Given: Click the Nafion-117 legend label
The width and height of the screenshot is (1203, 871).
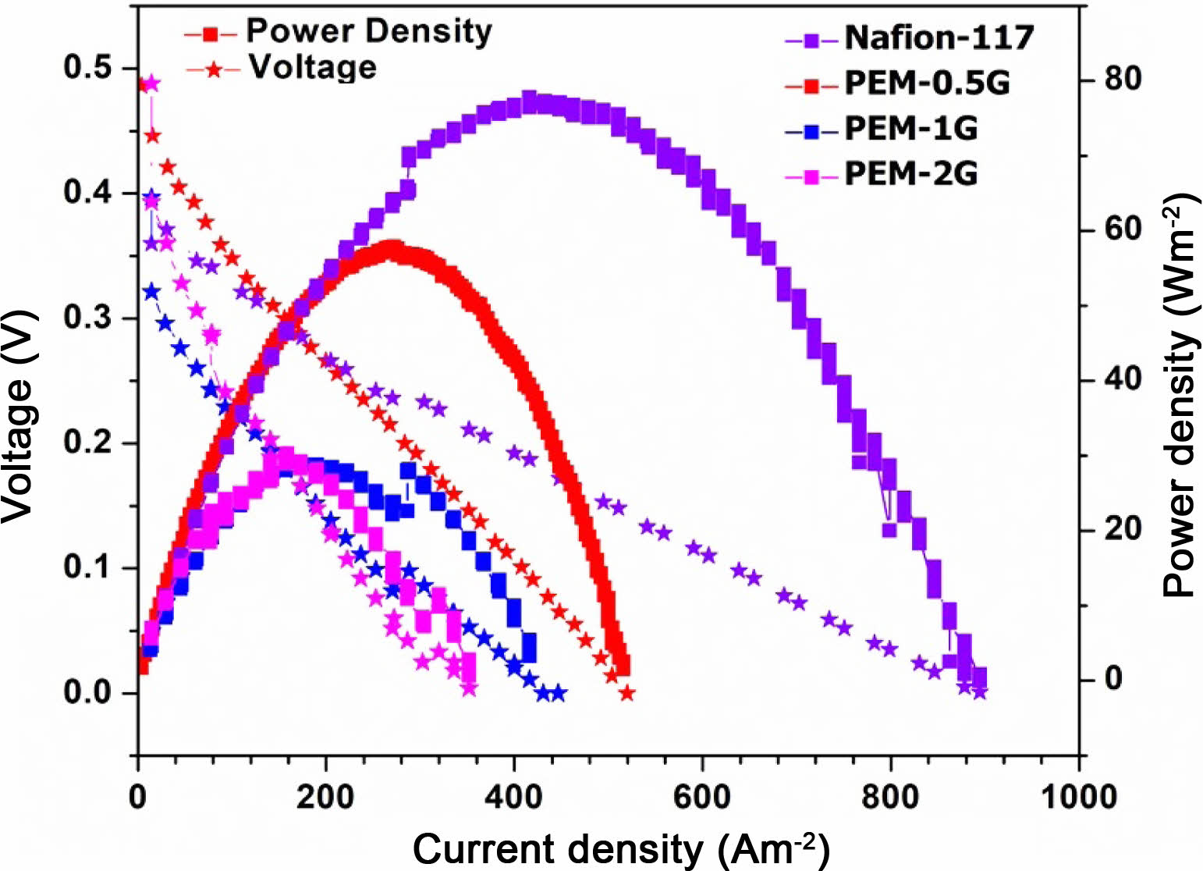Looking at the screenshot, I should (939, 37).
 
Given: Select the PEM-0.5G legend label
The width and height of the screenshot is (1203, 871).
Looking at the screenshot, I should (927, 82).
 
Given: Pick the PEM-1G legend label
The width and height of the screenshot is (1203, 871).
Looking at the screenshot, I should (910, 127).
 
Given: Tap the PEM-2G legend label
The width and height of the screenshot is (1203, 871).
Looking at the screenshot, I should (910, 172).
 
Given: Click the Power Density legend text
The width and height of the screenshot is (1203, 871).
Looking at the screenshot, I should (369, 31).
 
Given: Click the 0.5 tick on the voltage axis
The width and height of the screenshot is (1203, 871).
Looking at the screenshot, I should (88, 68).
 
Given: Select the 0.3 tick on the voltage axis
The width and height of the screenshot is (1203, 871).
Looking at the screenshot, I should (88, 318).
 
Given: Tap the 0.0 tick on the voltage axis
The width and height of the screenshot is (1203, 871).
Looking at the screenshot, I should (88, 693).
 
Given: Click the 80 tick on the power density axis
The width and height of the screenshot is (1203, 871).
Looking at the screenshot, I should (1120, 79).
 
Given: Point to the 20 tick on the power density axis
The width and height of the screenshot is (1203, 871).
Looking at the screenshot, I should (1120, 529).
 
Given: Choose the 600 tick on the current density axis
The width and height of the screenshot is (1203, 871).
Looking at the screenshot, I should (702, 796).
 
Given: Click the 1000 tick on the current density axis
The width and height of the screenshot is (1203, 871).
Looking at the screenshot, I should (1078, 796).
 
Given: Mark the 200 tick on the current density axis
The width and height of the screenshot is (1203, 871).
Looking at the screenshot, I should (326, 796).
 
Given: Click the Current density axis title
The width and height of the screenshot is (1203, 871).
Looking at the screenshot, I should (620, 849).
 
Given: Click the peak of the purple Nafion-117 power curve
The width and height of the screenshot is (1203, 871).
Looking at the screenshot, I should (531, 101).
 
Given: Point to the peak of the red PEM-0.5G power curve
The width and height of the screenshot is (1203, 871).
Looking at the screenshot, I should (394, 249).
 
